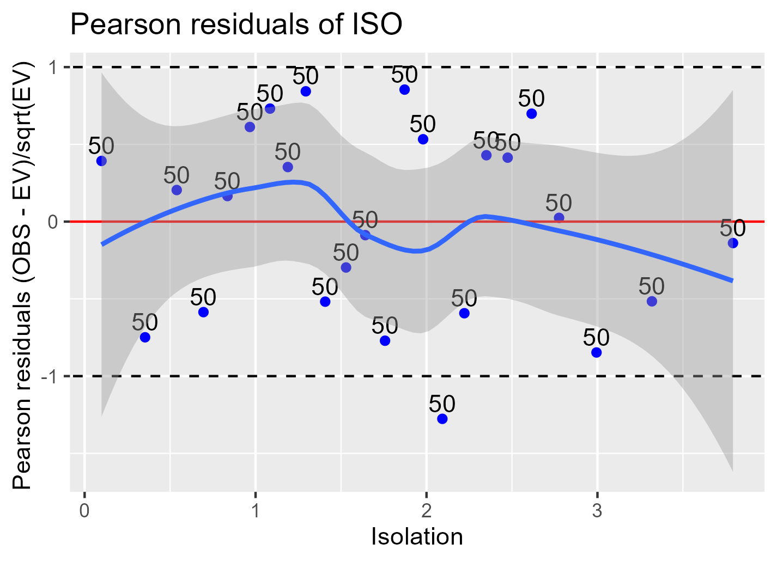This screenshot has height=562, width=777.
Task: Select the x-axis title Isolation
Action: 417,537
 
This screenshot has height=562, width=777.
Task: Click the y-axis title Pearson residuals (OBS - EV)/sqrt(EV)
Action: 24,275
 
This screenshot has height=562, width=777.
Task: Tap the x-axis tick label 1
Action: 255,512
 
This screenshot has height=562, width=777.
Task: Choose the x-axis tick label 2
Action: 426,512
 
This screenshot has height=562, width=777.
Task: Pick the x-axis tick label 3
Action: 597,512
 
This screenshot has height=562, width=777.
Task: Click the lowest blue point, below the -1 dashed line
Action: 442,419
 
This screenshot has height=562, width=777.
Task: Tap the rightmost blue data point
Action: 733,243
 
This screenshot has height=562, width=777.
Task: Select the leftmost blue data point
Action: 101,161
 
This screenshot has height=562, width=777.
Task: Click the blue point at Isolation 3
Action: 596,352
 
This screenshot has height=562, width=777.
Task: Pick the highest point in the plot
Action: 404,89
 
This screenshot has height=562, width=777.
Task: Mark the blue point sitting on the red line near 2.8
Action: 559,218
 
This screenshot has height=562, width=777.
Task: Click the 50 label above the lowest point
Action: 442,404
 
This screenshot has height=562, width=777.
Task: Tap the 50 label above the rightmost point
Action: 733,228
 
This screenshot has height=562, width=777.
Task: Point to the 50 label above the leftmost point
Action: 101,146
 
